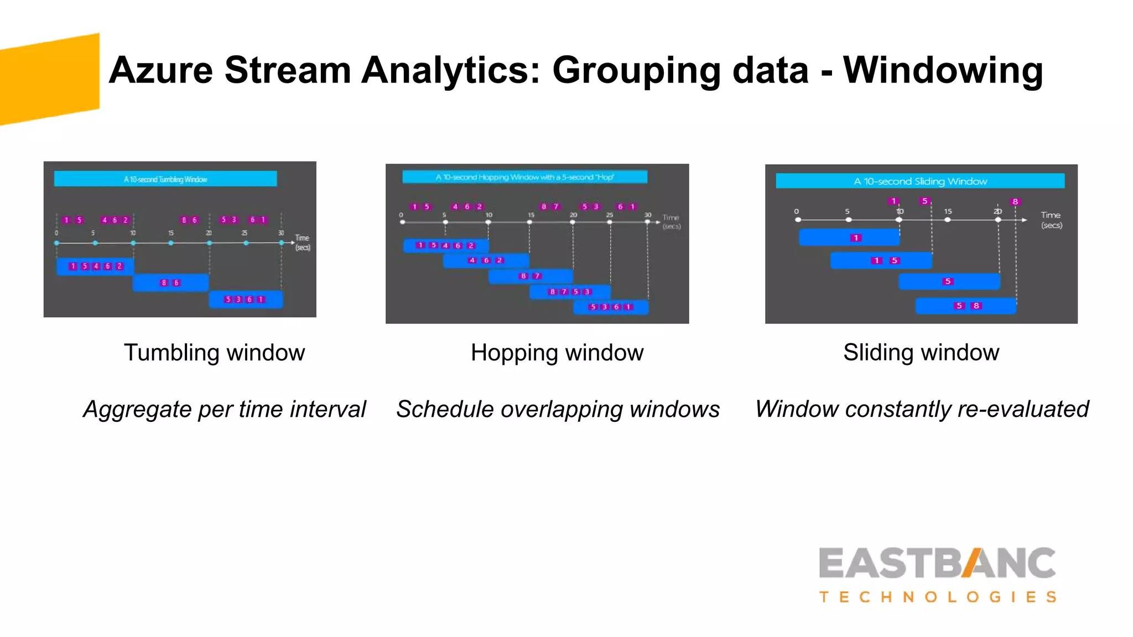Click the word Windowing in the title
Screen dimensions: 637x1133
pos(943,71)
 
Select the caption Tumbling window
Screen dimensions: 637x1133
pos(214,353)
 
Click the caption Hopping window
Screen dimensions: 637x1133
pos(557,353)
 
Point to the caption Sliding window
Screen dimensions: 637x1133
pos(921,353)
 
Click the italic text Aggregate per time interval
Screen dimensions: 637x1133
pos(224,410)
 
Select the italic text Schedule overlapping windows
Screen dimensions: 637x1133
pos(558,410)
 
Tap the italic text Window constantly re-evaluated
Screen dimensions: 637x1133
pos(922,410)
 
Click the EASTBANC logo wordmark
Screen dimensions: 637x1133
pos(937,563)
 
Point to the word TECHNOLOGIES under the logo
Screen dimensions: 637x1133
pos(938,597)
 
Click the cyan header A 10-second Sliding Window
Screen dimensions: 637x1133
pos(920,181)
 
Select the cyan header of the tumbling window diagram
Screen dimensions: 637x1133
pos(165,179)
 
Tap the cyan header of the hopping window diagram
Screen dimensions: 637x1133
pos(524,177)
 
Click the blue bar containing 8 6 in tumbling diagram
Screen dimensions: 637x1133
pos(170,283)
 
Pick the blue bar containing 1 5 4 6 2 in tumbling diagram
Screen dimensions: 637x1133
pos(95,266)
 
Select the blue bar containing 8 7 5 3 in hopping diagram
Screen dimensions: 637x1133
pos(570,291)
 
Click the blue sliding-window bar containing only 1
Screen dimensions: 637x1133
pos(849,238)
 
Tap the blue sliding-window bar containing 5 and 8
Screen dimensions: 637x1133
pos(965,306)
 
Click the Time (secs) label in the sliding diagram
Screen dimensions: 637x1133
pos(1051,220)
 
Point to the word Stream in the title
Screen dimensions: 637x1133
pos(288,71)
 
